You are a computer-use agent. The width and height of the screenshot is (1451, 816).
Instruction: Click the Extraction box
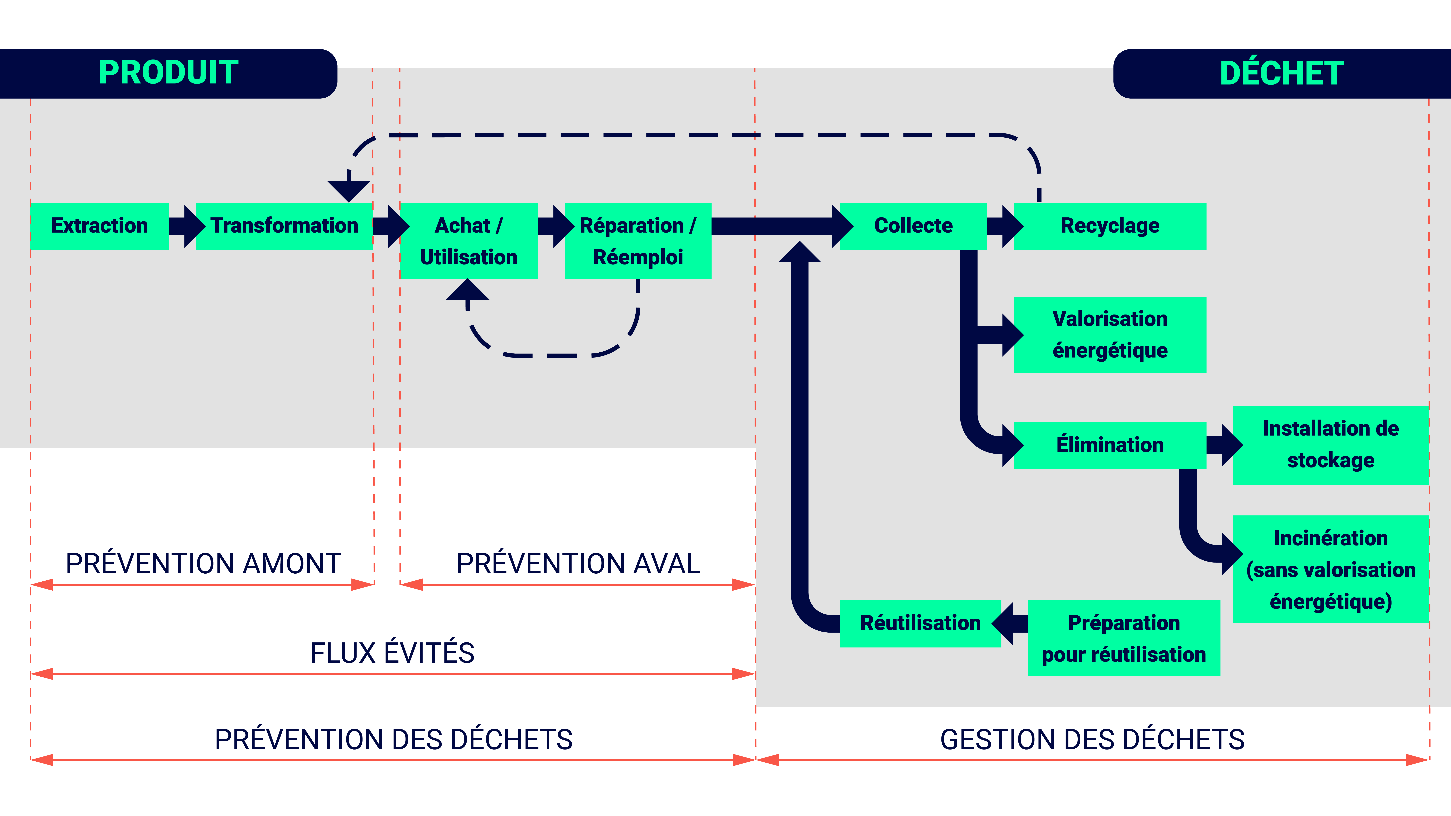100,226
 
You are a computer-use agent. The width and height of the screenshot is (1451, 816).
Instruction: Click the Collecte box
913,226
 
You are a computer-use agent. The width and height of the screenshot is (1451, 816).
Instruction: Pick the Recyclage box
1110,226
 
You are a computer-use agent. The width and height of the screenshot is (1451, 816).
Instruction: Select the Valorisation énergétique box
1110,335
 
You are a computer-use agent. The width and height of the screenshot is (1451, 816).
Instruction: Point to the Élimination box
1110,445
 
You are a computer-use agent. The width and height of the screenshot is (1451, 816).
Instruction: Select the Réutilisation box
920,623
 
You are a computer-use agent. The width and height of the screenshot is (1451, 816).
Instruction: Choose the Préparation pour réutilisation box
1124,638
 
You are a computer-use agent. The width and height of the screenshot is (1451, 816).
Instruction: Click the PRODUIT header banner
168,73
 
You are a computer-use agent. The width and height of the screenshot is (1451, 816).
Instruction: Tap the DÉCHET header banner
1281,73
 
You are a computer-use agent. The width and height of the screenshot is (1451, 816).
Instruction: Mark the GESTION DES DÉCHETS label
1092,739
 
